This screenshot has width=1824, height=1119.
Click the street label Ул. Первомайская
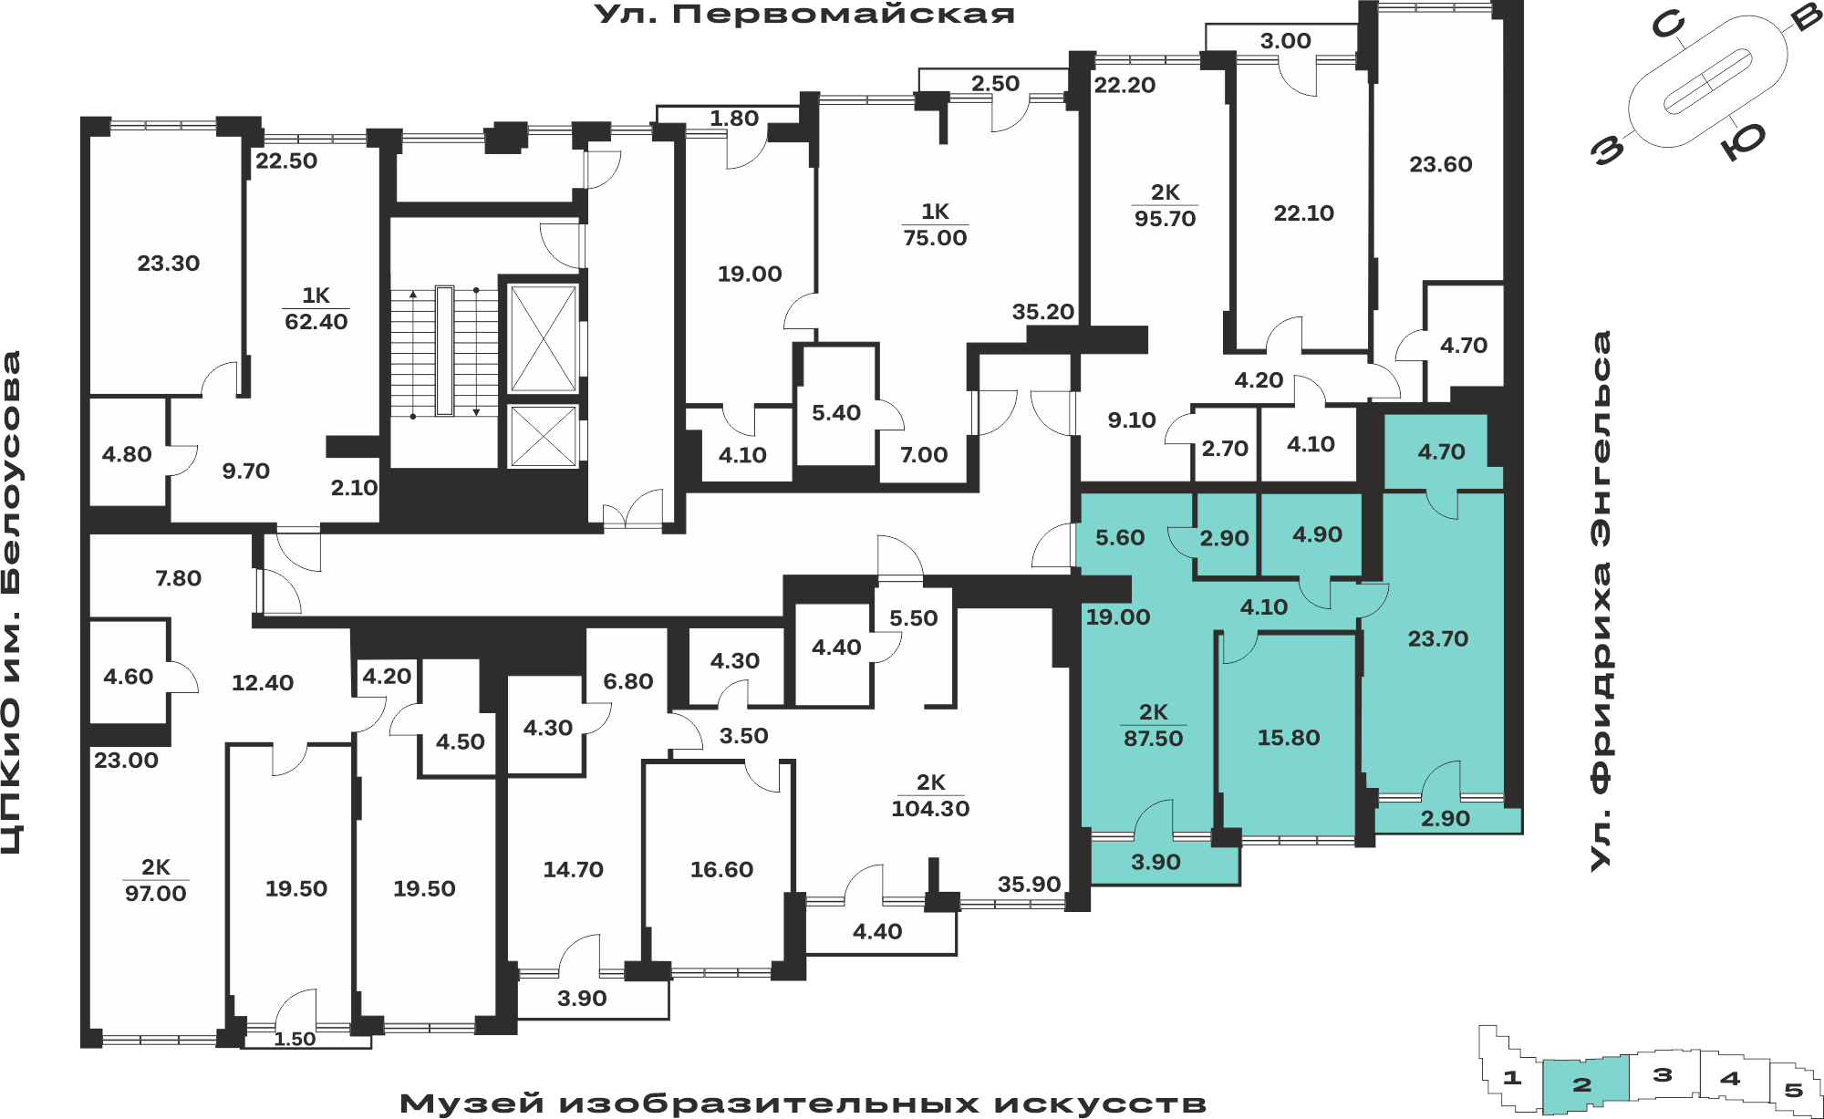(x=804, y=15)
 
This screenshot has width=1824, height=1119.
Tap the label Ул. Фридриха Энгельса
(x=1601, y=600)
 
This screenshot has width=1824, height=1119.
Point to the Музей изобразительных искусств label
(x=803, y=1103)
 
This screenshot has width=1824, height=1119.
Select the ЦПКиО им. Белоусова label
(x=12, y=603)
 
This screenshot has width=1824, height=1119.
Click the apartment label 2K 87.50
(x=1154, y=726)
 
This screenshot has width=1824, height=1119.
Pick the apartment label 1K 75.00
(x=935, y=225)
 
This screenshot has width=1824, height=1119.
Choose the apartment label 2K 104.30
(x=930, y=796)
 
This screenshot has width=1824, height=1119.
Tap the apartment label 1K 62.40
(x=316, y=309)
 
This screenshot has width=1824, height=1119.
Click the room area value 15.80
(x=1289, y=738)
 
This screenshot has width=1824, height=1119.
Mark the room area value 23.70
(x=1438, y=639)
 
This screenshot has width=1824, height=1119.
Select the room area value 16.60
(x=721, y=870)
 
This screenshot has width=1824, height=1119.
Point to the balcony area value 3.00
(x=1286, y=41)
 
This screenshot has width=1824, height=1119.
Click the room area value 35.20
(x=1043, y=312)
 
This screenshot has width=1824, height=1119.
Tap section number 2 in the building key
(x=1582, y=1084)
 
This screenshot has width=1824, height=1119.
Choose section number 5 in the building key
(x=1794, y=1090)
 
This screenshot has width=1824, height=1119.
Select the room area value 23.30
(x=169, y=264)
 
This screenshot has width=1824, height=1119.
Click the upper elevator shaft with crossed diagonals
(x=544, y=338)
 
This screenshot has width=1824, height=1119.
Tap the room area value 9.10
(x=1132, y=420)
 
